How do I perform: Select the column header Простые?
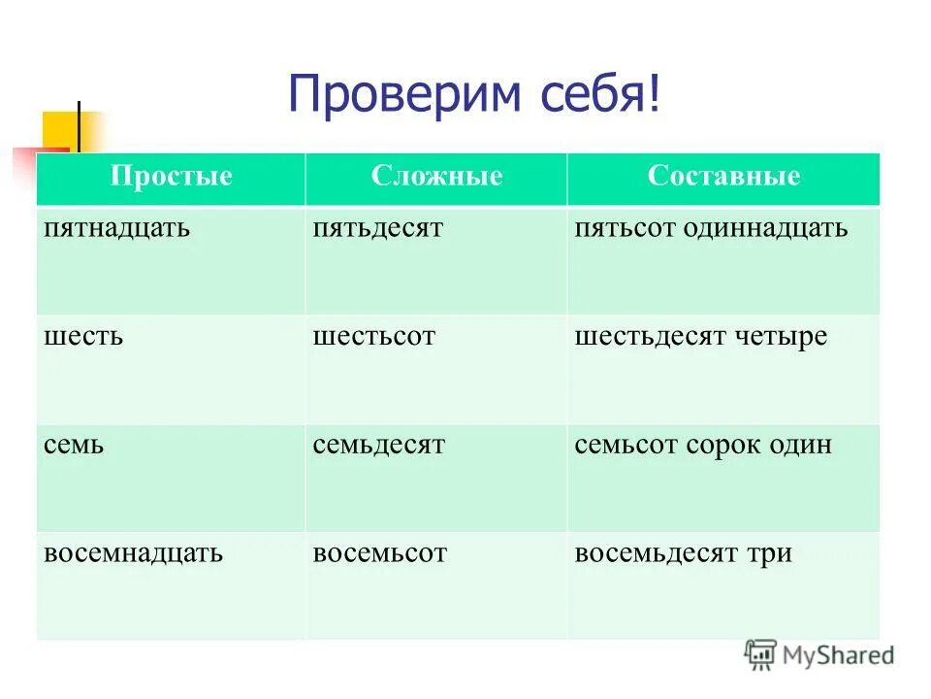tap(172, 177)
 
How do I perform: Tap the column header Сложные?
tap(436, 177)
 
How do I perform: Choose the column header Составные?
tap(723, 177)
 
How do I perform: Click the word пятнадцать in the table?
tap(116, 229)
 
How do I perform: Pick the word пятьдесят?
tap(378, 229)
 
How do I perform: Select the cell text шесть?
tap(83, 338)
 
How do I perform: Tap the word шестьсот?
tap(374, 338)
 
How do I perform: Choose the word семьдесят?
tap(379, 447)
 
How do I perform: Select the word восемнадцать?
tap(134, 554)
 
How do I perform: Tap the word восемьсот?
tap(380, 554)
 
